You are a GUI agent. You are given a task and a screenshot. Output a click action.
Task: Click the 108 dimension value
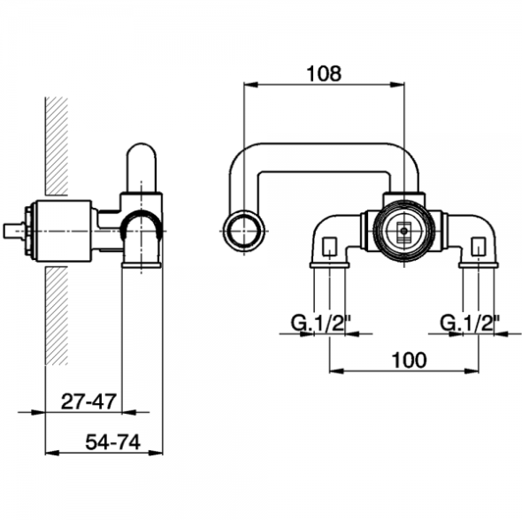[324, 73]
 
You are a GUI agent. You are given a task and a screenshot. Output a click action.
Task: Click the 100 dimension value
[409, 360]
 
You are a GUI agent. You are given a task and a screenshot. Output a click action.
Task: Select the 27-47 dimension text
[88, 401]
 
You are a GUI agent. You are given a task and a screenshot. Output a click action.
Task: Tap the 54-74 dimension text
[113, 442]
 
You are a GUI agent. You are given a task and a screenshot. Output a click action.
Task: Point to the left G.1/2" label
[321, 323]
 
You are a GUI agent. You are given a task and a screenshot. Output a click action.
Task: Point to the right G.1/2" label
[471, 323]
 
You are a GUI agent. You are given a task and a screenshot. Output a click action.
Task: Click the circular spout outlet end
[244, 231]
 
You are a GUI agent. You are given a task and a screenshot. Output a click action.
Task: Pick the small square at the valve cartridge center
[404, 231]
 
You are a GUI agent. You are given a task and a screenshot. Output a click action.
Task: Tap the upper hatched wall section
[57, 146]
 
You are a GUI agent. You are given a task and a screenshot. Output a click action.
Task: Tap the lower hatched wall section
[57, 316]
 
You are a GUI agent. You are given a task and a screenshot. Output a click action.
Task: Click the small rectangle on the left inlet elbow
[330, 246]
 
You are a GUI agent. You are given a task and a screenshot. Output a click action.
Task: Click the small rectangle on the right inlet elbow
[479, 246]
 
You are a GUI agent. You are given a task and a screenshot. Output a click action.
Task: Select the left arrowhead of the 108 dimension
[251, 85]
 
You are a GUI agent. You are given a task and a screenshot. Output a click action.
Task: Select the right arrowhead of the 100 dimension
[472, 371]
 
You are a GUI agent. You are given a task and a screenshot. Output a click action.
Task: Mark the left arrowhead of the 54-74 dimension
[52, 453]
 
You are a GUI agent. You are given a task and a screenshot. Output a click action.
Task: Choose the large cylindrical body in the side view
[63, 231]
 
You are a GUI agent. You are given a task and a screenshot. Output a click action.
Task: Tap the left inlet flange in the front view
[330, 264]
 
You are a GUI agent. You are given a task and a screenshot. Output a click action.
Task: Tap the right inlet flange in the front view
[479, 264]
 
